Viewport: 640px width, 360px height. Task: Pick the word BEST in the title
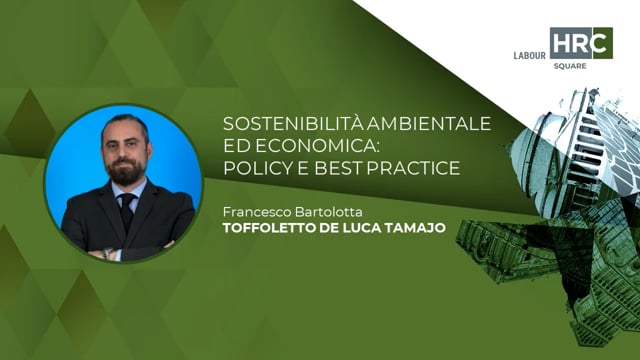tap(348, 168)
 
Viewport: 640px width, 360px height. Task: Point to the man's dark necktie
tap(127, 210)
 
